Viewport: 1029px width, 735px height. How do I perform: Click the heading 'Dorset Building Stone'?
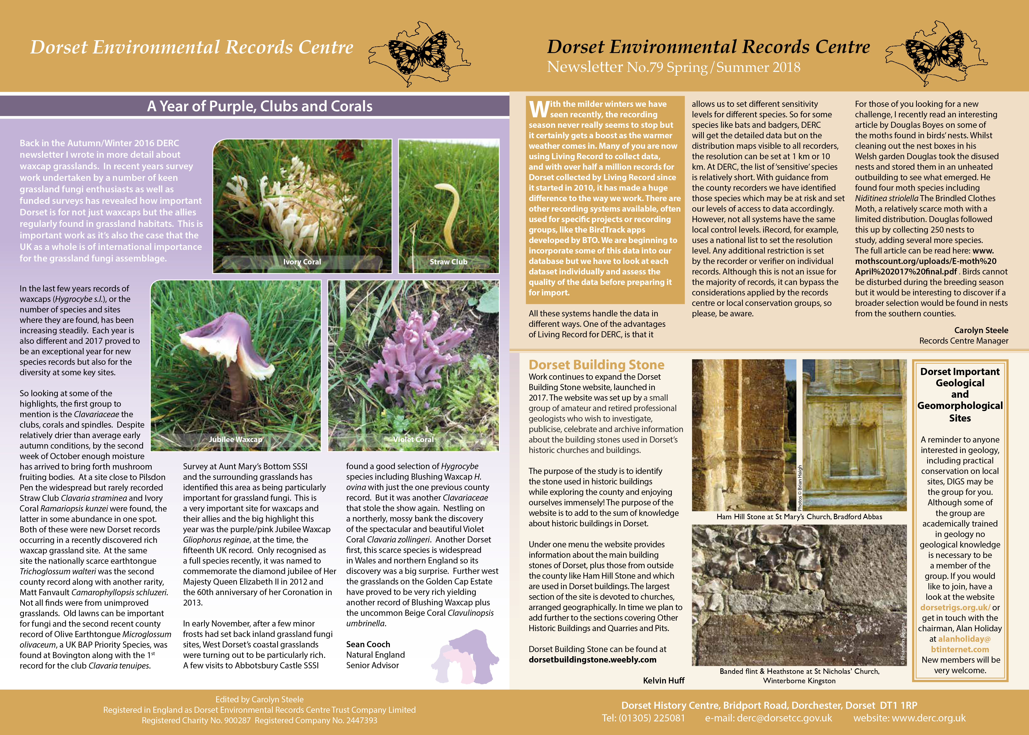click(x=596, y=365)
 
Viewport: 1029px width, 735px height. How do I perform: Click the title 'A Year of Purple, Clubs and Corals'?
click(x=260, y=106)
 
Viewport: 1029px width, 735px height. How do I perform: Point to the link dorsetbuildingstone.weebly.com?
click(x=592, y=659)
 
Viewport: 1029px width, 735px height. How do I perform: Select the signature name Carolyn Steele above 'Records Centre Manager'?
click(x=981, y=330)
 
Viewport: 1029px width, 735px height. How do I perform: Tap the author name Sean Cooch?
click(x=368, y=644)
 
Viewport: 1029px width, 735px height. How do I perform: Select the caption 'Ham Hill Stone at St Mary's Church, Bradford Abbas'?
click(x=799, y=516)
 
